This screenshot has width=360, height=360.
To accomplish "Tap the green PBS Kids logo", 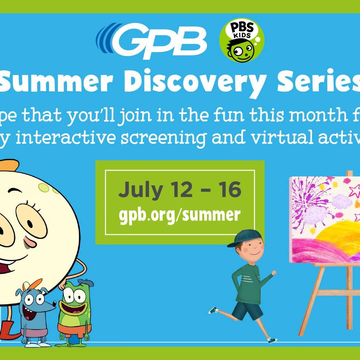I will (242, 40).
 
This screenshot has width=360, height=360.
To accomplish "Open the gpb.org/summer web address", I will (180, 215).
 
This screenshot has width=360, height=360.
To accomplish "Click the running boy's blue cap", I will (241, 240).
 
